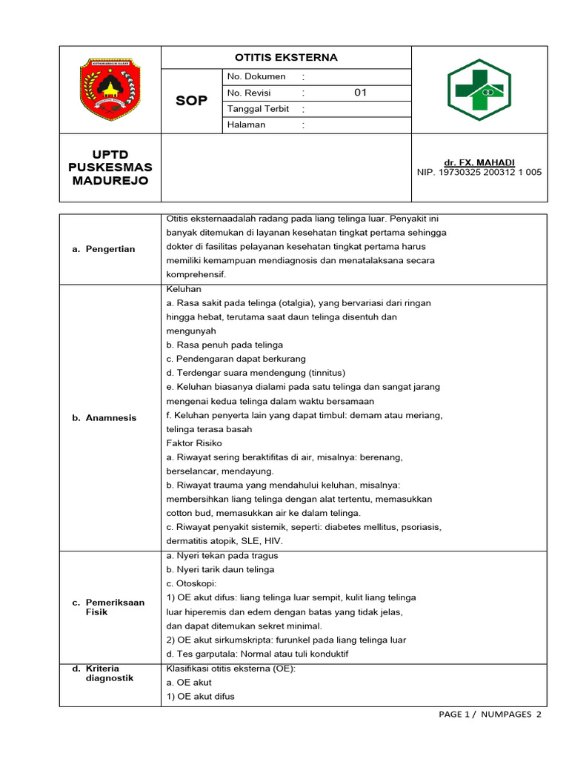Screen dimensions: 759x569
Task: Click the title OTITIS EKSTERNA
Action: [286, 57]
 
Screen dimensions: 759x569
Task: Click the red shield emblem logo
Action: [110, 90]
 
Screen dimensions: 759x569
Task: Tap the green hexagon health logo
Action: [479, 90]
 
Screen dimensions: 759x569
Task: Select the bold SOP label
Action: [191, 101]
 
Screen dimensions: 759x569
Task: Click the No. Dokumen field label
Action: [256, 77]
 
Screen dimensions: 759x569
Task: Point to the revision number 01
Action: [361, 93]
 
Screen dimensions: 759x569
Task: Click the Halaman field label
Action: [247, 125]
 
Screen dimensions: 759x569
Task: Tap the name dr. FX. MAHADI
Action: [479, 162]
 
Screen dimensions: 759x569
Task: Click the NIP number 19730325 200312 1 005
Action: [479, 172]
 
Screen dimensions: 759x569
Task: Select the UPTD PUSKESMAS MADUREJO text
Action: [110, 168]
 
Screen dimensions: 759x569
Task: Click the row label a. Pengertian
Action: [104, 249]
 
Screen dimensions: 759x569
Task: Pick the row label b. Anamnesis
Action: [104, 418]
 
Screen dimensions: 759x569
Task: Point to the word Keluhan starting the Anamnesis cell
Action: [184, 288]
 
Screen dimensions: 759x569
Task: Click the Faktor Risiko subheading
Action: [194, 443]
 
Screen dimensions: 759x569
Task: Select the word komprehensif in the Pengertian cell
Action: [196, 274]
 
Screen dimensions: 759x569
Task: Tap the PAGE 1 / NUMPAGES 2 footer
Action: [490, 715]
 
